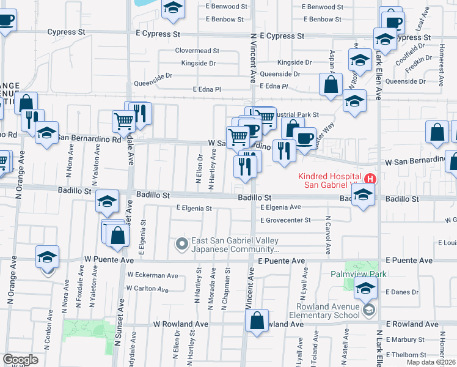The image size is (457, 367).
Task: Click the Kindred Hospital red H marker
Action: click(370, 179)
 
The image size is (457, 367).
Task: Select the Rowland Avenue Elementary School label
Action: click(327, 311)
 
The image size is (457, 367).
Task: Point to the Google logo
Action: click(20, 360)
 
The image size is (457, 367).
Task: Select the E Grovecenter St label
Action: click(285, 220)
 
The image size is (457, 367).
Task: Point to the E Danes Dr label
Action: click(402, 292)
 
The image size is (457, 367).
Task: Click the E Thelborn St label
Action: click(406, 355)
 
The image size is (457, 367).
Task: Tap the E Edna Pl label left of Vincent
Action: click(206, 89)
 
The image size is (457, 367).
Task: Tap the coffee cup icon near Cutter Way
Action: click(304, 138)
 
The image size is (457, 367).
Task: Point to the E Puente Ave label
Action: click(281, 261)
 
